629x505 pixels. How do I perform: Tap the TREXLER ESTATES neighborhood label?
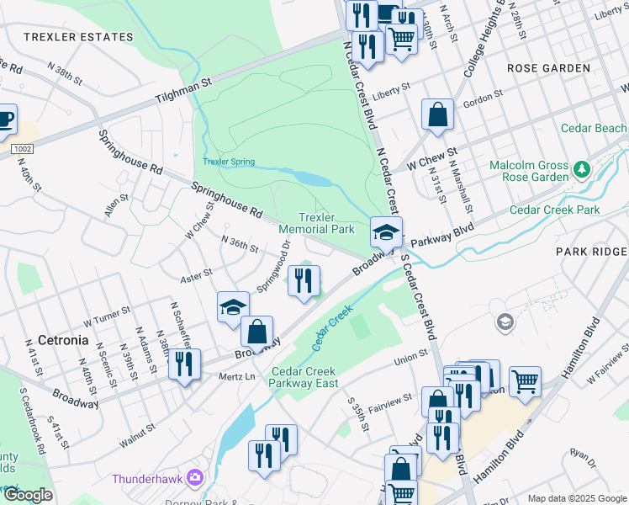tap(79, 37)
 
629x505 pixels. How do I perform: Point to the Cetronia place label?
tap(63, 341)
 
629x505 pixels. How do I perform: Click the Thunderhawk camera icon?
tap(196, 479)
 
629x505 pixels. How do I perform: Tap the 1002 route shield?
tap(23, 148)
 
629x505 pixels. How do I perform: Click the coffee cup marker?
tap(4, 119)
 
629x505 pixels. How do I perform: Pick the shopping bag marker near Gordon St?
tap(437, 114)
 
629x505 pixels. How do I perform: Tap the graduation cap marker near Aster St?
tap(233, 307)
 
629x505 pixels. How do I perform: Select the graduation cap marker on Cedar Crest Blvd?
tap(386, 232)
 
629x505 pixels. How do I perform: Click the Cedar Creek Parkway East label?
tap(304, 377)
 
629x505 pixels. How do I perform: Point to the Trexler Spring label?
tap(228, 162)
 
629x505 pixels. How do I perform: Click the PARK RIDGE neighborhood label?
tap(591, 252)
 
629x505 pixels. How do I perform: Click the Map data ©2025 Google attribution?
tap(576, 498)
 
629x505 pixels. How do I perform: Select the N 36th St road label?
tap(239, 245)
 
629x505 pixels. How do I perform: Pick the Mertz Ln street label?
tap(236, 376)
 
